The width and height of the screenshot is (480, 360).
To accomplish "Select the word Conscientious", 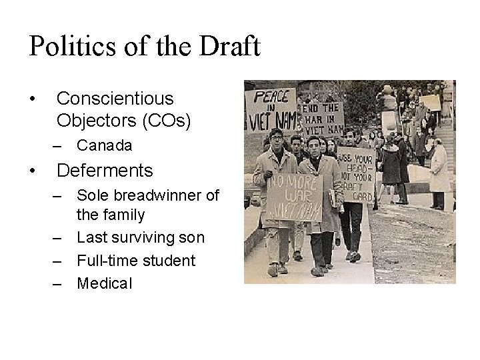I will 115,99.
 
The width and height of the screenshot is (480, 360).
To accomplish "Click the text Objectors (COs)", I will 123,121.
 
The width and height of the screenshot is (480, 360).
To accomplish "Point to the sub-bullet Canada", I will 104,145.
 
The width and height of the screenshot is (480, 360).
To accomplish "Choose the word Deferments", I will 105,171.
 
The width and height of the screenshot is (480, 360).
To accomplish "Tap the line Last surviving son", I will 141,238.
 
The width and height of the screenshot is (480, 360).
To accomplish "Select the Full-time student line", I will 136,261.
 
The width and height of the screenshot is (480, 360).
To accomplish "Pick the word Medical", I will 105,283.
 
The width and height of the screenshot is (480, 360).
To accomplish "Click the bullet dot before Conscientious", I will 33,99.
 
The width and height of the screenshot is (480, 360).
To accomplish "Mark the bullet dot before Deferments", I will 33,171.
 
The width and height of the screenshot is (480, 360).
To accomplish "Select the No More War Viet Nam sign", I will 293,197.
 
